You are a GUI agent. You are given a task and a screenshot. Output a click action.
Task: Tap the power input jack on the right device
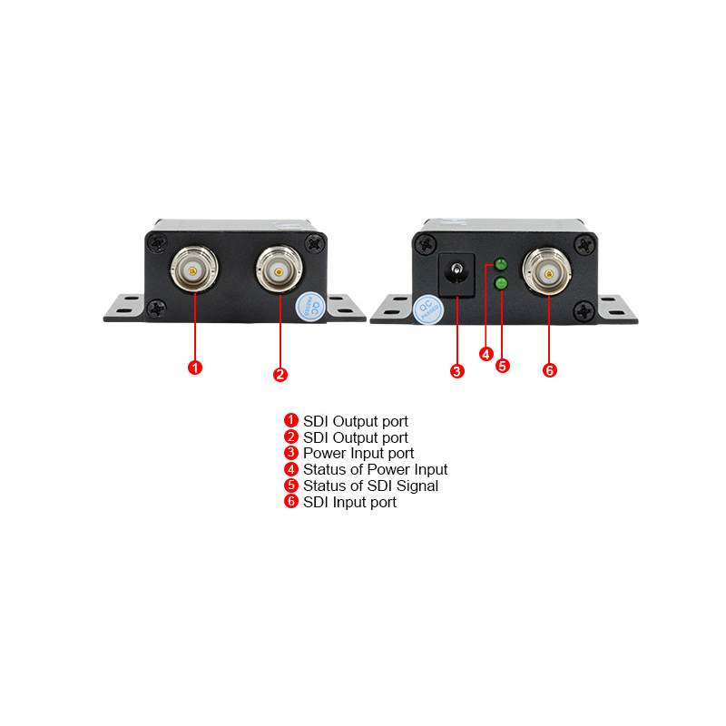[456, 273]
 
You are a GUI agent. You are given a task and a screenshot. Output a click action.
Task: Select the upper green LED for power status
[500, 264]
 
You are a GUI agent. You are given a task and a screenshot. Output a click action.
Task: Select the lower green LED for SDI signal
[500, 284]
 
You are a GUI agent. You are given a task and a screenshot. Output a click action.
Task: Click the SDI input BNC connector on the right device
[549, 271]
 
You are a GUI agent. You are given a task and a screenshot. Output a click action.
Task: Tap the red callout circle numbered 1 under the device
[194, 368]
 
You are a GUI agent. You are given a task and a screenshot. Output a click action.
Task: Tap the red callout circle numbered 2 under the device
[280, 373]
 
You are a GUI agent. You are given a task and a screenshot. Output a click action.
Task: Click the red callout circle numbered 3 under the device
[457, 370]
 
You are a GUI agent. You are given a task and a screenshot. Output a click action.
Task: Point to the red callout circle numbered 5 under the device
[503, 366]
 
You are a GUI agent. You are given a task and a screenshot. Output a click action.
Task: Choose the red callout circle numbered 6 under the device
[549, 370]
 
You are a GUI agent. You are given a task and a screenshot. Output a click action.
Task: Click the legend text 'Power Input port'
[358, 453]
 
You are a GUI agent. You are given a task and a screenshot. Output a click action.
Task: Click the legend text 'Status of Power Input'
[375, 469]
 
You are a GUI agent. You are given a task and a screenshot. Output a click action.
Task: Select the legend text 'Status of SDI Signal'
[370, 486]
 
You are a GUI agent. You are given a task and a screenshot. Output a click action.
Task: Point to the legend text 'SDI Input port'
[349, 502]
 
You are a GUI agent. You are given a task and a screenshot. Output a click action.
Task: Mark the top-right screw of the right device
[584, 243]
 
